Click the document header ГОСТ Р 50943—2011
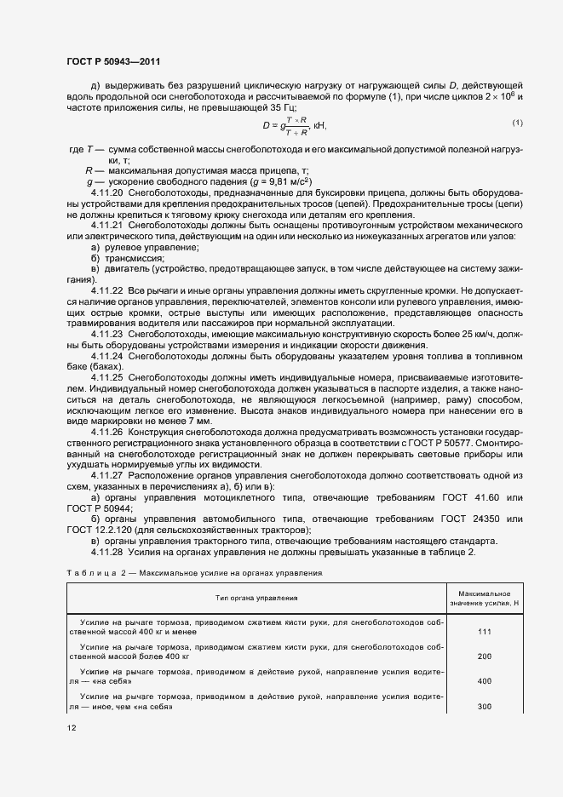pos(112,62)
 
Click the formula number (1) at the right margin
pos(517,124)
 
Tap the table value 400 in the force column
pos(484,682)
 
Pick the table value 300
pos(484,708)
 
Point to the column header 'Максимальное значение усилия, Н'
pos(484,598)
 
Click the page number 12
pos(72,729)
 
